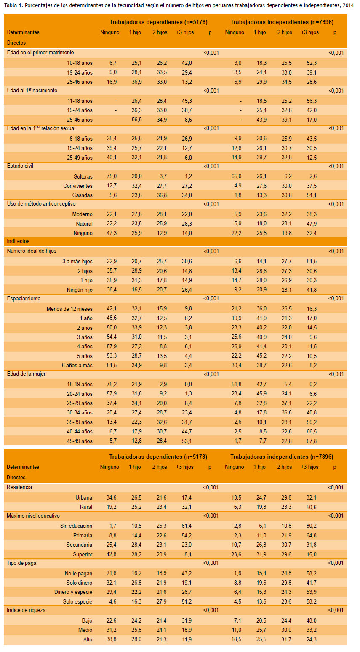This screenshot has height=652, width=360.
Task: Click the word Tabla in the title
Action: click(10, 5)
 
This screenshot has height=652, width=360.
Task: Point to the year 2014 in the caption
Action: click(348, 5)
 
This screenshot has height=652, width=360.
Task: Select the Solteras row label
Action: click(83, 176)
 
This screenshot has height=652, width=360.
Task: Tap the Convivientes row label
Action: click(78, 186)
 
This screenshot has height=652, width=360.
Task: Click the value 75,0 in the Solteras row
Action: click(112, 176)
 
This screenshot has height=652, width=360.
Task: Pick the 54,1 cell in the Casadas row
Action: click(312, 195)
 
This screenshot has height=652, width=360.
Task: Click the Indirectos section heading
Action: click(18, 241)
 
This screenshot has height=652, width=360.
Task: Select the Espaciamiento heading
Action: click(24, 298)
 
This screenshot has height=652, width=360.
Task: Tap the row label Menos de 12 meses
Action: click(69, 309)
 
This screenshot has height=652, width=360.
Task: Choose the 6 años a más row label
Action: click(77, 365)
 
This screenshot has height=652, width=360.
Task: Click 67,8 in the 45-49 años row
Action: click(312, 441)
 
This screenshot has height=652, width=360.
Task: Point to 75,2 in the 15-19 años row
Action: click(112, 384)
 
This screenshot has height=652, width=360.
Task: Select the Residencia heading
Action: click(19, 487)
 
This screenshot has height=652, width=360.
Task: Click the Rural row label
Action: click(86, 507)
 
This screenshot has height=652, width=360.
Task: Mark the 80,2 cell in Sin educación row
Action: click(311, 526)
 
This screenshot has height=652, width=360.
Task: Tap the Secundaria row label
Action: click(79, 545)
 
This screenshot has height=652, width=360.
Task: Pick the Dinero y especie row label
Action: click(73, 592)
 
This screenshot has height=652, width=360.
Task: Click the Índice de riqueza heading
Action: click(26, 610)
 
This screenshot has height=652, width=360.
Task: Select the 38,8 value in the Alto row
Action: click(111, 639)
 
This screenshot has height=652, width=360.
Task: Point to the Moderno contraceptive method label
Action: click(83, 214)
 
